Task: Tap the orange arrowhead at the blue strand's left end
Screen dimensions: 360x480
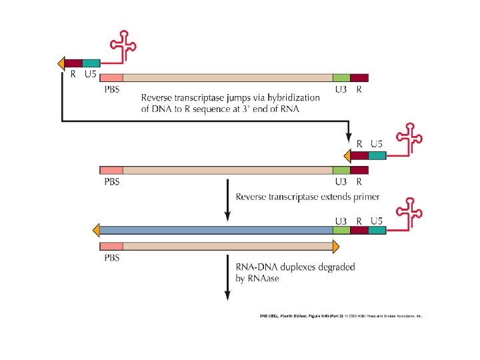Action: click(97, 230)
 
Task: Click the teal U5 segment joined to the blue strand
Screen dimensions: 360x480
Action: click(377, 230)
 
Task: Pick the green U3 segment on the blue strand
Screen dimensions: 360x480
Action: click(341, 230)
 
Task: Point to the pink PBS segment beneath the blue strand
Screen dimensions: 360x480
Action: click(111, 246)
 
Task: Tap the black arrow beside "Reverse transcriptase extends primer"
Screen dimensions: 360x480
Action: click(227, 200)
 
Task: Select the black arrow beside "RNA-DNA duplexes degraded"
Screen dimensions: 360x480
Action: click(227, 280)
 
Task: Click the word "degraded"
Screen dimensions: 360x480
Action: click(337, 267)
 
